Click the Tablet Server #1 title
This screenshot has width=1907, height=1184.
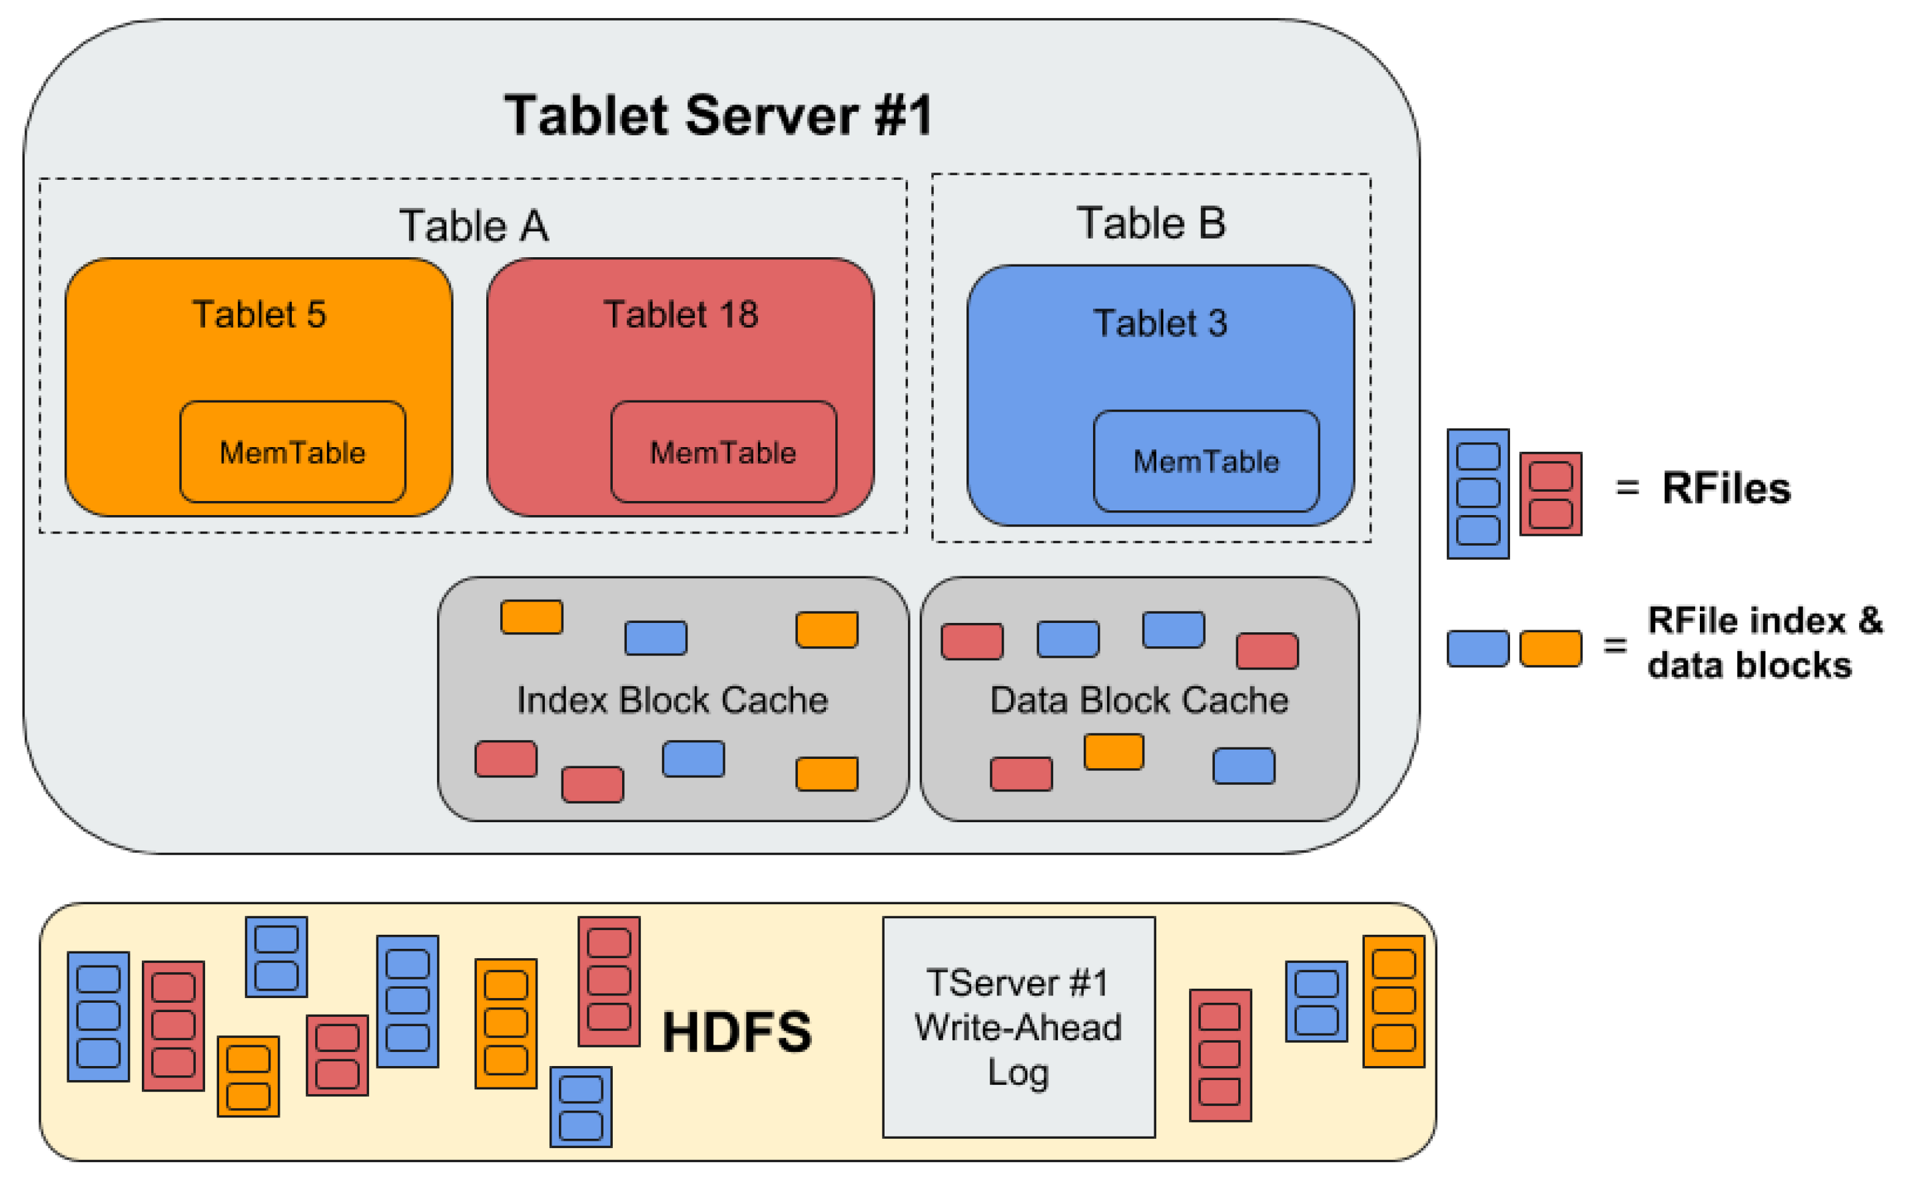pyautogui.click(x=718, y=116)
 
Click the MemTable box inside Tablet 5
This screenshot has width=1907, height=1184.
pyautogui.click(x=293, y=452)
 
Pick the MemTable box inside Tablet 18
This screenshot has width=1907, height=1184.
pyautogui.click(x=723, y=452)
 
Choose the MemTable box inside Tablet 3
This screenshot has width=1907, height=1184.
pyautogui.click(x=1206, y=461)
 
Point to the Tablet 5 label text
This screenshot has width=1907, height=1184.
pyautogui.click(x=259, y=314)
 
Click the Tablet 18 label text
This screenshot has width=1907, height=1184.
pyautogui.click(x=680, y=314)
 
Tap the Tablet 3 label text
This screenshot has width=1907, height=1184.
pyautogui.click(x=1160, y=322)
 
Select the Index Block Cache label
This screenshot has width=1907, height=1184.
pyautogui.click(x=671, y=700)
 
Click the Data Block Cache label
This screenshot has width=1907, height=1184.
pyautogui.click(x=1138, y=700)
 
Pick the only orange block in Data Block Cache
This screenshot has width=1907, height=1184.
pyautogui.click(x=1113, y=752)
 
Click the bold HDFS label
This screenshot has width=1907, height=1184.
pyautogui.click(x=737, y=1031)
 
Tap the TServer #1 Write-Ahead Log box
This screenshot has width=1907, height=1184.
pyautogui.click(x=1018, y=1027)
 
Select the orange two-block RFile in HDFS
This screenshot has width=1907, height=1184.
pyautogui.click(x=248, y=1076)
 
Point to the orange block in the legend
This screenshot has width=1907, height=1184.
pyautogui.click(x=1550, y=648)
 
